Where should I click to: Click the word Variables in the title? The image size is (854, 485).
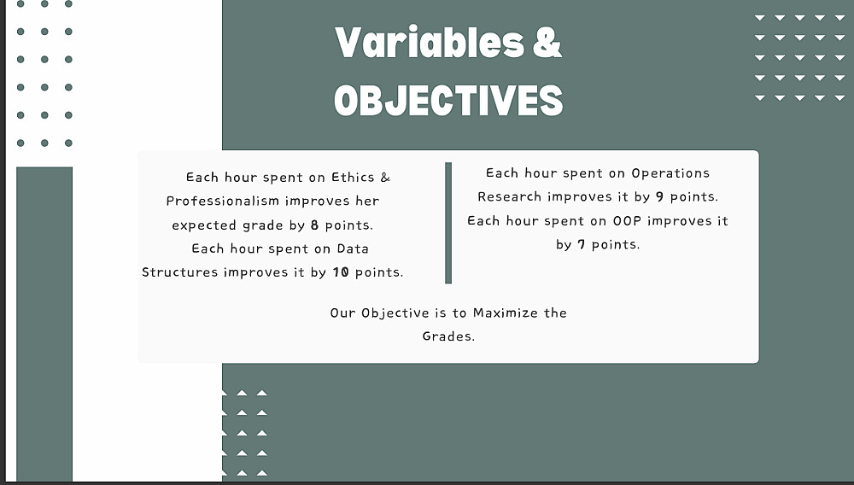click(x=430, y=43)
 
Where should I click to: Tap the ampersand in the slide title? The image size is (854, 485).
click(x=547, y=43)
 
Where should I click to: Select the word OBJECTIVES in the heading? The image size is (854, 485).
click(x=448, y=100)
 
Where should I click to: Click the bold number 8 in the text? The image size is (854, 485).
click(x=314, y=225)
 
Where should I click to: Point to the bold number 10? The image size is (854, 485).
click(x=341, y=272)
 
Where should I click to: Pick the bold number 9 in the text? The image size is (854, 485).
click(x=659, y=197)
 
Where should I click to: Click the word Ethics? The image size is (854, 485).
click(x=353, y=178)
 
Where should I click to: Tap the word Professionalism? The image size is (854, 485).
click(x=223, y=202)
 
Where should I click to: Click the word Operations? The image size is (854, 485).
click(x=670, y=173)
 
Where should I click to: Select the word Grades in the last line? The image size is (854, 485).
click(x=448, y=336)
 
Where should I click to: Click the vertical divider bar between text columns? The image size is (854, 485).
click(x=448, y=223)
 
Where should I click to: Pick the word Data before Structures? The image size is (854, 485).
click(x=353, y=248)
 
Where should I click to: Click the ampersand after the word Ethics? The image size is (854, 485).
click(x=385, y=178)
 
